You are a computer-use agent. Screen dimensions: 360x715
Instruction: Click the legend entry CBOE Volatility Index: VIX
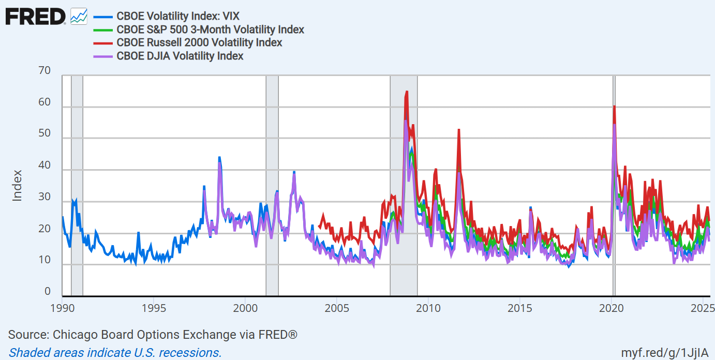pyautogui.click(x=178, y=16)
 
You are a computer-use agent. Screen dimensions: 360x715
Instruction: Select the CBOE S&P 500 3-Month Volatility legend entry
pyautogui.click(x=210, y=29)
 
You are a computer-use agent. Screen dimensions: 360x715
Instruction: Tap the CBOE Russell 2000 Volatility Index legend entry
pyautogui.click(x=199, y=42)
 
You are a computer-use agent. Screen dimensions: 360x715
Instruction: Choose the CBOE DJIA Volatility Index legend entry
pyautogui.click(x=180, y=56)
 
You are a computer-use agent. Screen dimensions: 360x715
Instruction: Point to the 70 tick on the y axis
pyautogui.click(x=45, y=71)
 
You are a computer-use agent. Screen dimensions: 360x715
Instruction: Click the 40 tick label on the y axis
pyautogui.click(x=45, y=166)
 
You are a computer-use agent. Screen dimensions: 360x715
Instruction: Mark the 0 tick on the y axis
pyautogui.click(x=48, y=292)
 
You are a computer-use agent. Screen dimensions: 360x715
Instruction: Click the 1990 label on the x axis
pyautogui.click(x=62, y=309)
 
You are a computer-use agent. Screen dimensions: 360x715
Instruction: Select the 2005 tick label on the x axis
pyautogui.click(x=337, y=309)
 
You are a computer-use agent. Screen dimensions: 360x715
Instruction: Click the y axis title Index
pyautogui.click(x=18, y=185)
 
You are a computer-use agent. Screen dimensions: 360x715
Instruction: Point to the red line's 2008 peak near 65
pyautogui.click(x=407, y=92)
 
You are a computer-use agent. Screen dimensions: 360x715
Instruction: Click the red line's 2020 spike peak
pyautogui.click(x=614, y=107)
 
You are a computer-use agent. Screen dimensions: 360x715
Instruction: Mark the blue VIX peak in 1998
pyautogui.click(x=219, y=157)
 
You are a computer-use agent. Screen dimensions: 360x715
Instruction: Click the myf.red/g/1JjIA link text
pyautogui.click(x=664, y=352)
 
